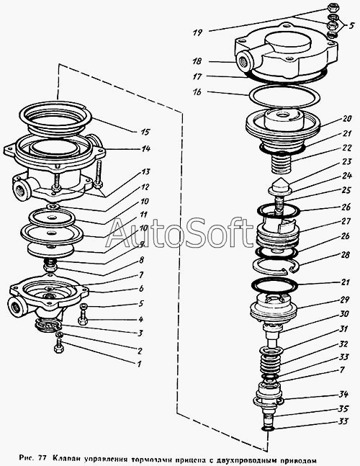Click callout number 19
(197, 32)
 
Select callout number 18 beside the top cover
(197, 61)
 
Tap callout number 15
(145, 132)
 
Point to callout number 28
(345, 255)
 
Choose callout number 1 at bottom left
(138, 364)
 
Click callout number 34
(343, 395)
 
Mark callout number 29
(345, 300)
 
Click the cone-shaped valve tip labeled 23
(280, 185)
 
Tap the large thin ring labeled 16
(284, 97)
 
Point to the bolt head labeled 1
(59, 348)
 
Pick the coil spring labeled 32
(271, 363)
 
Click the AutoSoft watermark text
(179, 233)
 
